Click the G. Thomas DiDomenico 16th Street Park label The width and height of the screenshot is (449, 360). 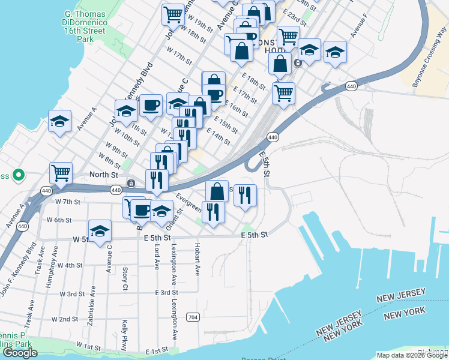click(85, 26)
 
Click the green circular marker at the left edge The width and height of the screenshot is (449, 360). click(18, 176)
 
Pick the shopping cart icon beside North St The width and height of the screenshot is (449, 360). click(61, 173)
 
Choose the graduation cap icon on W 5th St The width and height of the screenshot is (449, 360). click(100, 231)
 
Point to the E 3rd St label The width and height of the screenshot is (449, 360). click(166, 293)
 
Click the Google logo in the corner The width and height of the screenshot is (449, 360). click(20, 353)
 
